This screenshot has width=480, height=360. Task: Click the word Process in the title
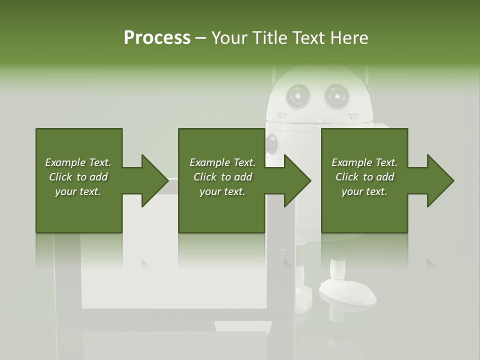[157, 38]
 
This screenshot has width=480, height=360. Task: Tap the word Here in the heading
[349, 38]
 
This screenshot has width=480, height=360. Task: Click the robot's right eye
[336, 94]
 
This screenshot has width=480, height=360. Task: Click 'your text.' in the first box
[78, 191]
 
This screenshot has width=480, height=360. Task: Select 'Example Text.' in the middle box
[222, 162]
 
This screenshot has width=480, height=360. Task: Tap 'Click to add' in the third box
[365, 177]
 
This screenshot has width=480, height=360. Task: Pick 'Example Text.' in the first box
[78, 162]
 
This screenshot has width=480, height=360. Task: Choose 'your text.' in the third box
[364, 191]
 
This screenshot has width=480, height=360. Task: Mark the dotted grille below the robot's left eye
[282, 115]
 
